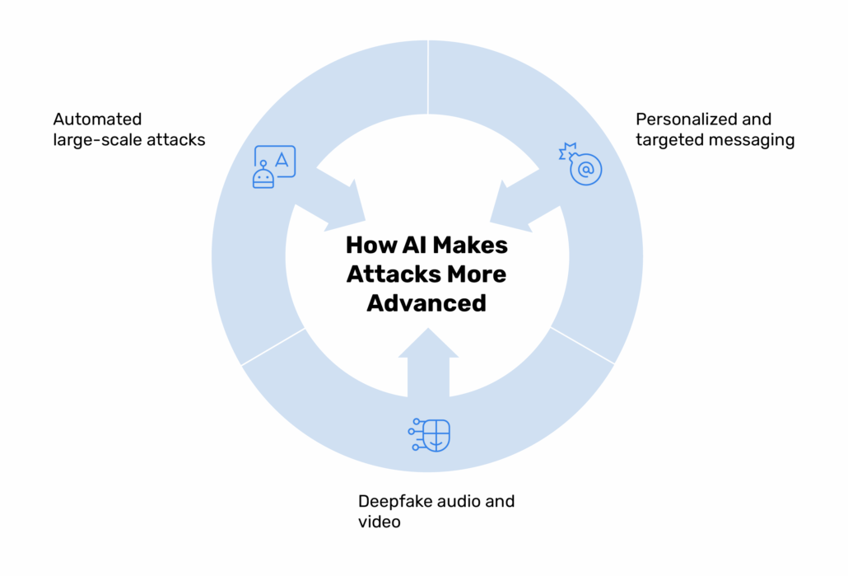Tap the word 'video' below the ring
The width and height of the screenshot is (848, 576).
coord(379,522)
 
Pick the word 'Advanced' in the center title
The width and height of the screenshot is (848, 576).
coord(426,302)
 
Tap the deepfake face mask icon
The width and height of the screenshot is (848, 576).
coord(431,435)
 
